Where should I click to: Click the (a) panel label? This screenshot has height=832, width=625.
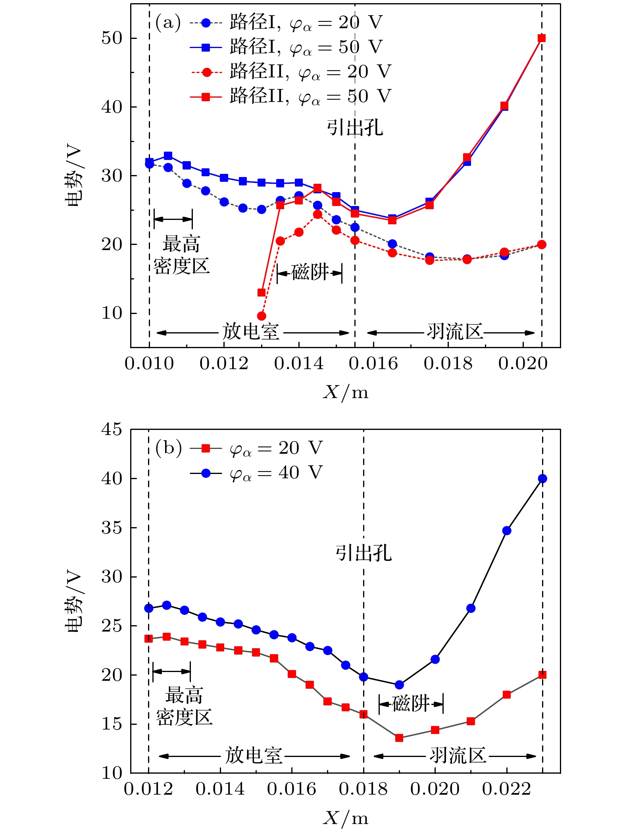pos(168,23)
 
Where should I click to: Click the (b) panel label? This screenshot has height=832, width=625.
pos(169,448)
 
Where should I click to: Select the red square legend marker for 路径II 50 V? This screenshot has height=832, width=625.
pos(206,96)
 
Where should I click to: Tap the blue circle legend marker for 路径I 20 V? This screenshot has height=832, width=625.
pos(206,23)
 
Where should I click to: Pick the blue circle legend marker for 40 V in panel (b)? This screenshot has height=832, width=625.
pos(206,473)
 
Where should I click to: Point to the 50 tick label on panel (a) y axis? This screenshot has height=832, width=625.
pos(112,38)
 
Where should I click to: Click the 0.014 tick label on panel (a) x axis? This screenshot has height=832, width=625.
pos(298,364)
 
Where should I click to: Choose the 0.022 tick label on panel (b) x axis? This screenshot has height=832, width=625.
pos(506,789)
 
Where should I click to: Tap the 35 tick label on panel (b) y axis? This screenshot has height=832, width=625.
pos(112,528)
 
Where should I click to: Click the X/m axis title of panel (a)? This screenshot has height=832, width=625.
pos(346,392)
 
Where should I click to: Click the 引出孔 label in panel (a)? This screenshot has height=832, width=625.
pos(355,128)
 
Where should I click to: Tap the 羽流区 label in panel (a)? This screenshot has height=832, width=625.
pos(455,331)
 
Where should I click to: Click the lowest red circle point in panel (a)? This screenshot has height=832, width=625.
pos(262,316)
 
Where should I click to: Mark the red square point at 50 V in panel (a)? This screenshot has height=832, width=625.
pos(542,38)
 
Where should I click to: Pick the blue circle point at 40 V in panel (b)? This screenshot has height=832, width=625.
pos(542,479)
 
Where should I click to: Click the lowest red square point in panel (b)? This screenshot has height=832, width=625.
pos(399,738)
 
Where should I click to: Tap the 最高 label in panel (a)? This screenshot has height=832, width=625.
pos(181,244)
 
